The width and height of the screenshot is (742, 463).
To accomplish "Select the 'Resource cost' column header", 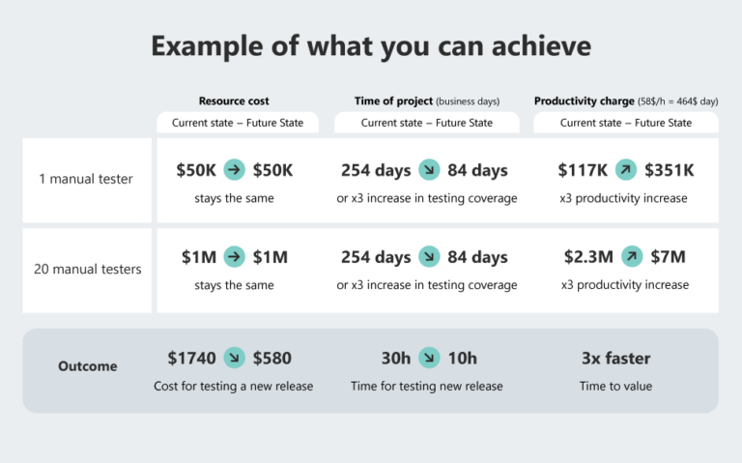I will tap(234, 101).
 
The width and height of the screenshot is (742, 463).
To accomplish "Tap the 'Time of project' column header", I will tap(393, 101).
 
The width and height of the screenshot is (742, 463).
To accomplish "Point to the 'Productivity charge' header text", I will tap(584, 101).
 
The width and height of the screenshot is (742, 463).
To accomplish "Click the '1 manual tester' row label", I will tap(87, 178).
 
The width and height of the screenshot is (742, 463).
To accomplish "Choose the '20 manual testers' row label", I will tap(87, 269).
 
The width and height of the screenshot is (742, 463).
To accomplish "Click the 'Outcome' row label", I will tap(87, 366).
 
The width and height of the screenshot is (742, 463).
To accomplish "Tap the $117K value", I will tap(583, 170).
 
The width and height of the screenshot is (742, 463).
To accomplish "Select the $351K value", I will tap(669, 170).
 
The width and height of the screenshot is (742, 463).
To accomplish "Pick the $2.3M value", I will tap(588, 257).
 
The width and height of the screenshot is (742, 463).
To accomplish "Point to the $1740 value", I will tap(191, 358).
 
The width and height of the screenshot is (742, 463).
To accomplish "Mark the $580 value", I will tap(271, 358).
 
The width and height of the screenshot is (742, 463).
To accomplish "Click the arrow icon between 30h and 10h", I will tap(429, 358).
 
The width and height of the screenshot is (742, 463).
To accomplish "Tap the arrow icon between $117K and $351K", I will tap(626, 170).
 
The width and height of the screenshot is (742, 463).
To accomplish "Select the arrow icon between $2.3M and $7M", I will tap(632, 257).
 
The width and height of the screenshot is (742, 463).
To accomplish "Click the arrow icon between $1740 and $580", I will tap(234, 358).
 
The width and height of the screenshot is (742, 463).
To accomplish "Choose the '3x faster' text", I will tap(615, 358).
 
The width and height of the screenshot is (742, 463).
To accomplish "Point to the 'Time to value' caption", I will tap(615, 386).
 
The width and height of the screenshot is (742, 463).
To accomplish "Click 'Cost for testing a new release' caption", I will tap(233, 386).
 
